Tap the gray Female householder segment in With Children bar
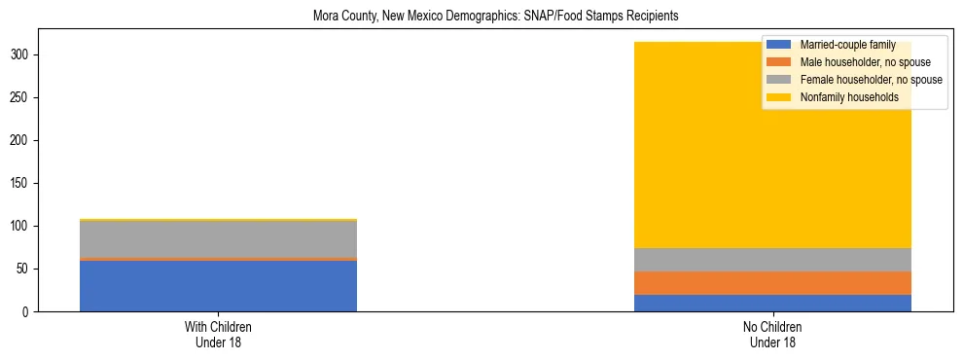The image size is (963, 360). [218, 239]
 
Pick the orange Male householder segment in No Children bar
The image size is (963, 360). [772, 282]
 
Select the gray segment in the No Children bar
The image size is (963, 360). [772, 260]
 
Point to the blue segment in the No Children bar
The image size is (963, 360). [772, 303]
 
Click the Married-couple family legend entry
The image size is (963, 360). [847, 45]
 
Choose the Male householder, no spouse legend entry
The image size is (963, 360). [858, 62]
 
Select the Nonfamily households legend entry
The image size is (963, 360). [849, 97]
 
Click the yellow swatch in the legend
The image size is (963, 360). [779, 97]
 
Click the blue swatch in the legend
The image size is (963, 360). [779, 45]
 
